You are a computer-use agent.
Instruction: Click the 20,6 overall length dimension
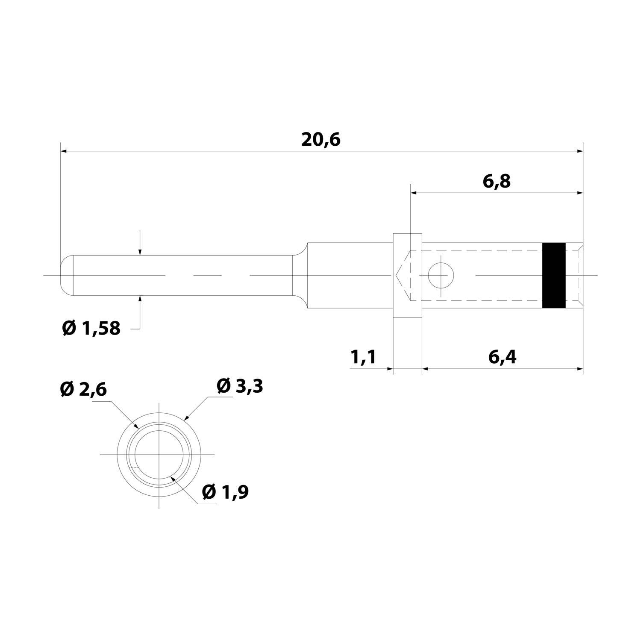click(320, 140)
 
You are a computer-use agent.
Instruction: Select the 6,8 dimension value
click(497, 182)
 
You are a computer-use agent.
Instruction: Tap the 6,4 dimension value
click(502, 357)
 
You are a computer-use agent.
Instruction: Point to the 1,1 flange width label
click(363, 357)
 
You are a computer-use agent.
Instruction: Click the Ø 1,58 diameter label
click(91, 328)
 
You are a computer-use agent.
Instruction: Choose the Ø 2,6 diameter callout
click(83, 389)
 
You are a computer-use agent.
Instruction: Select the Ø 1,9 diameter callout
click(225, 492)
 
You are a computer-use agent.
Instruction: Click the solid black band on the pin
click(554, 275)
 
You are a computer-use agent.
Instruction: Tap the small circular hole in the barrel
click(441, 276)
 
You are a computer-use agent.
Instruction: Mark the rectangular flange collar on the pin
click(407, 275)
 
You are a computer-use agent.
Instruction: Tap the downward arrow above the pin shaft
click(140, 252)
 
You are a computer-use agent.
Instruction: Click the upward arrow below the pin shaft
click(140, 298)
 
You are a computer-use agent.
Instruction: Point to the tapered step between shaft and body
click(300, 275)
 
